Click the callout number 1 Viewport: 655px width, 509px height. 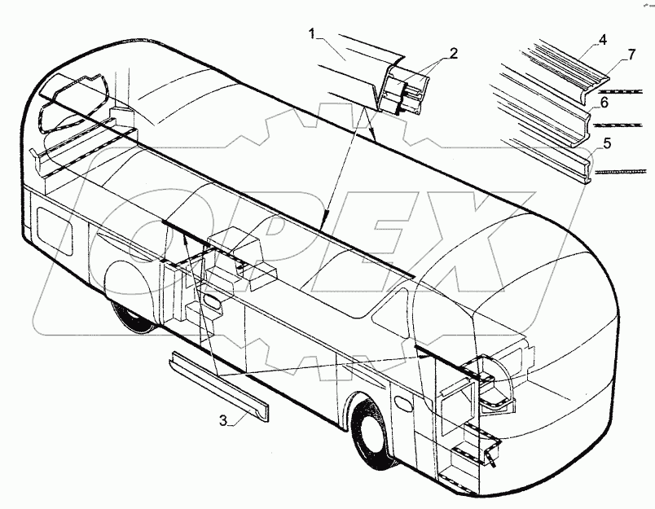(x=312, y=33)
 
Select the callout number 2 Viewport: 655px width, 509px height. (x=453, y=54)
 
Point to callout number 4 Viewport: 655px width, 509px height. (x=603, y=38)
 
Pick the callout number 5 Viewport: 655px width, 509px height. (x=604, y=143)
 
